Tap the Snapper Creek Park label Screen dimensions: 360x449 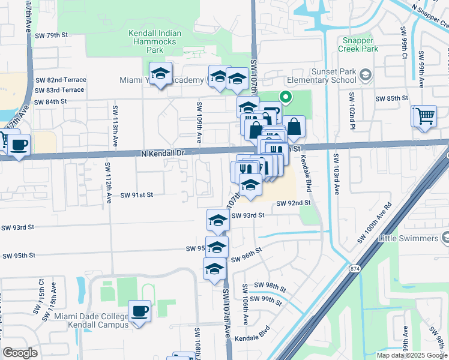359,45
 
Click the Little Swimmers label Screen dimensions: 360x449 409,238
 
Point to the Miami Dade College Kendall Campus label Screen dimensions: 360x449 91,320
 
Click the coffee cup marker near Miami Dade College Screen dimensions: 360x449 140,311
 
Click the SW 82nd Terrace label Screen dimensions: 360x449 60,80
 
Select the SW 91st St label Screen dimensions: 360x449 137,194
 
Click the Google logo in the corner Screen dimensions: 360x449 20,352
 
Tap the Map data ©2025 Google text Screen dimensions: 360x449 411,355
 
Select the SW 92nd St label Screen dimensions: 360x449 293,203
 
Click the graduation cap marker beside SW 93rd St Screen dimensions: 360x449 218,221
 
